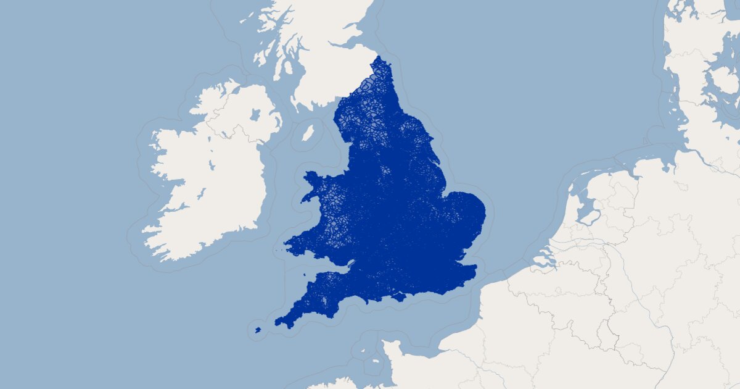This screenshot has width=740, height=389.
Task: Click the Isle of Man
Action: tap(306, 133)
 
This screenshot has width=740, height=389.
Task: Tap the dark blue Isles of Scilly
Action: tap(258, 330)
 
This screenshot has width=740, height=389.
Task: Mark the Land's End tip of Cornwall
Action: tap(277, 322)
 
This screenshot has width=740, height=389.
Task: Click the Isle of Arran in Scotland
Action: tap(277, 62)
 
